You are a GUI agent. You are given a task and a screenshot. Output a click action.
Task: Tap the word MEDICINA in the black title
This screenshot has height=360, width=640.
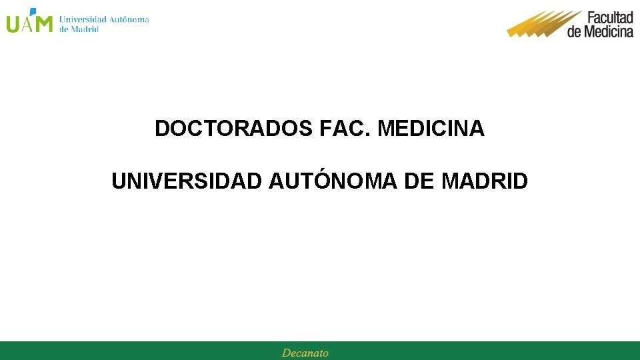(431, 128)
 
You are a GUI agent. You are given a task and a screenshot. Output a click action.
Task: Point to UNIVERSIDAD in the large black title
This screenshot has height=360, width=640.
(187, 181)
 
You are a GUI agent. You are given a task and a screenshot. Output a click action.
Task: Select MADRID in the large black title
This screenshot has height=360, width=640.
(485, 181)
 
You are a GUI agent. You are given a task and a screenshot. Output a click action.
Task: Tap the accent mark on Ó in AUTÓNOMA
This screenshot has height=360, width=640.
(319, 171)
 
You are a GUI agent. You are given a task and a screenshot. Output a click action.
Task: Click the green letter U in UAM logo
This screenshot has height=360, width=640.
(13, 24)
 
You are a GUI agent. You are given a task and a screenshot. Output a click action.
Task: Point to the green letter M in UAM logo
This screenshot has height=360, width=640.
(43, 24)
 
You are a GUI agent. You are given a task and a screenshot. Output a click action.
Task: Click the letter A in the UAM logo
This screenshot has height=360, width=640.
(28, 25)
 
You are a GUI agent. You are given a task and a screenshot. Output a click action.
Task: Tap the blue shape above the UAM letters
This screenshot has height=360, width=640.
(31, 11)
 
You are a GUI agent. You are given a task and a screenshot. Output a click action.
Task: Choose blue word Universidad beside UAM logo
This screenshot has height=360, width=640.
(83, 19)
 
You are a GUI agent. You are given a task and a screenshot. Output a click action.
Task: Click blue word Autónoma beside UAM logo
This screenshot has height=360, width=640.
(129, 19)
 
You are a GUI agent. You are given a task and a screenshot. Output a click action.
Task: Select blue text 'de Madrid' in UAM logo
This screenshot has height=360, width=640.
(79, 29)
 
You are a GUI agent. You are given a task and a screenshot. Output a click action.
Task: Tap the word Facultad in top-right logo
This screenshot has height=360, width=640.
(609, 17)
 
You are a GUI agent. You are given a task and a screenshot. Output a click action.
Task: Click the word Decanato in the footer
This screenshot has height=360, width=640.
(305, 353)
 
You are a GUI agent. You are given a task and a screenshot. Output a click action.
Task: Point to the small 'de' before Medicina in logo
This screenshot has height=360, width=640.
(575, 31)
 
